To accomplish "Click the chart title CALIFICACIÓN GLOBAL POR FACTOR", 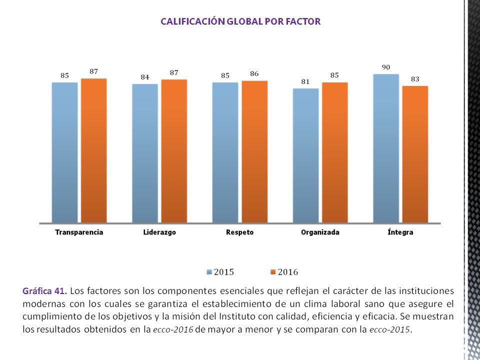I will pos(240,21).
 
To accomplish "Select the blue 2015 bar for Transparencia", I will pos(65,152).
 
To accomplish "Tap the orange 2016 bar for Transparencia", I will pos(94,150).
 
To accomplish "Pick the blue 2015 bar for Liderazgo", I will pos(145,153).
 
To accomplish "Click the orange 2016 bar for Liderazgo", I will pos(174,151).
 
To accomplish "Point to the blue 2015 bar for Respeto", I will pos(225,152).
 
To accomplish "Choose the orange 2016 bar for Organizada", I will pos(334,152).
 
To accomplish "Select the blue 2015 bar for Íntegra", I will pos(386,148).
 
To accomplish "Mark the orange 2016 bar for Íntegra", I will pos(415,154).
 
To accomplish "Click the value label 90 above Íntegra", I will pos(386,67).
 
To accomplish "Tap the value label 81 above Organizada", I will pos(305,82).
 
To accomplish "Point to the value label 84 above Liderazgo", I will pos(145,77).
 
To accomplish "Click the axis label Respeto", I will pos(239,232).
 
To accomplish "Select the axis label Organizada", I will pos(320,232).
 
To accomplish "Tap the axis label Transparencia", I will pos(79,232).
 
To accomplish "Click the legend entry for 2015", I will pos(220,272).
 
